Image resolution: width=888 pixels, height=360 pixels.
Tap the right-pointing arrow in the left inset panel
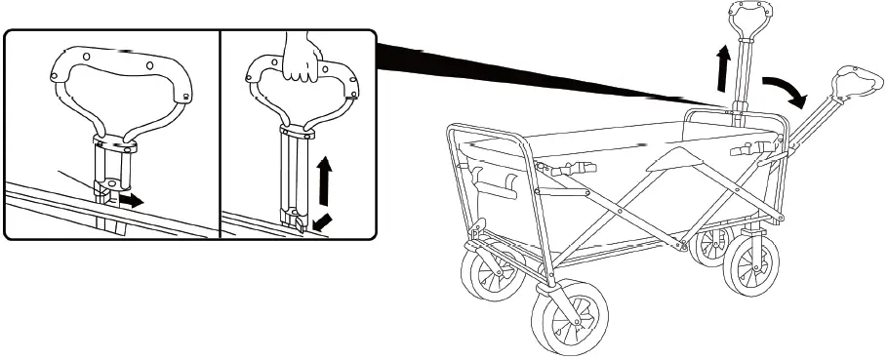(130, 200)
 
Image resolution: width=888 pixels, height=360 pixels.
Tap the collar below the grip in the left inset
(115, 145)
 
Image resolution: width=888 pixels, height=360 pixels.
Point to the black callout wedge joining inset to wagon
(546, 72)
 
